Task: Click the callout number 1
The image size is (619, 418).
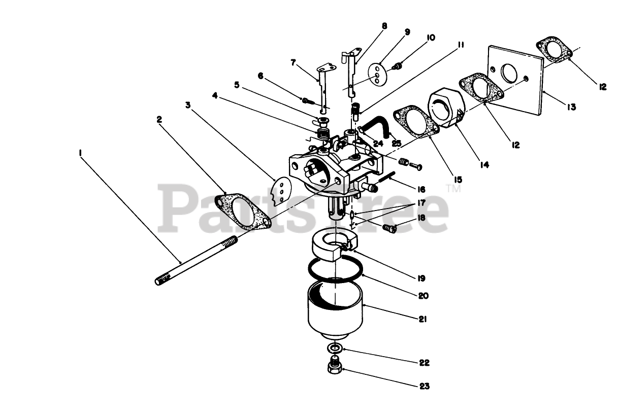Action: pos(81,151)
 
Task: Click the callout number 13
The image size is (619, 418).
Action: pos(571,107)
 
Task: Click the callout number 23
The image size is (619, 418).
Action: pos(424,387)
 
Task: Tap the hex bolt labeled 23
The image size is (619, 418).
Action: pos(335,365)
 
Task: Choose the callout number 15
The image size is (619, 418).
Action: pos(458,179)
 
